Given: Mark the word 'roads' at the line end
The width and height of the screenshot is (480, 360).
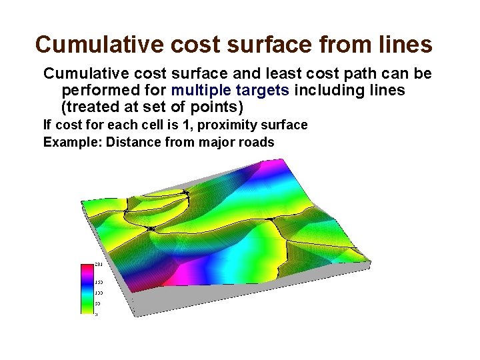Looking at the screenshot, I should point(256,142).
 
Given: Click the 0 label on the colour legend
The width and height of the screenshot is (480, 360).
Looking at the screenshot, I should point(97,313).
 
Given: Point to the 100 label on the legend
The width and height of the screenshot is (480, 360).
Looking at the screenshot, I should point(99,293).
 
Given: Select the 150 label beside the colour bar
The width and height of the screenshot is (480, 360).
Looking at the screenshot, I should point(99,282).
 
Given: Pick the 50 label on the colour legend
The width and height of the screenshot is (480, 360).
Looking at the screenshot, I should point(98,303).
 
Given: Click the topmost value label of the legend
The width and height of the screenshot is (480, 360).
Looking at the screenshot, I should point(99,265).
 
